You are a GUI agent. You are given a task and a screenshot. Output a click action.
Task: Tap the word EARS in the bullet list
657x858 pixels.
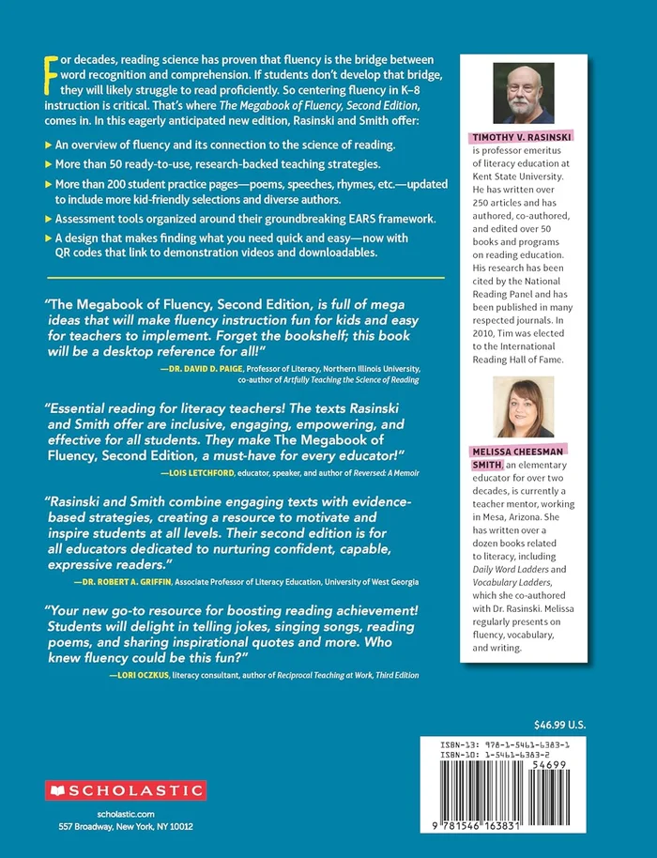click(x=344, y=218)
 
